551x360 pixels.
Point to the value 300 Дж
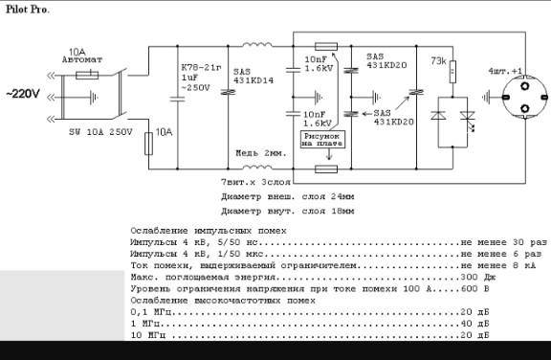[x=474, y=276]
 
